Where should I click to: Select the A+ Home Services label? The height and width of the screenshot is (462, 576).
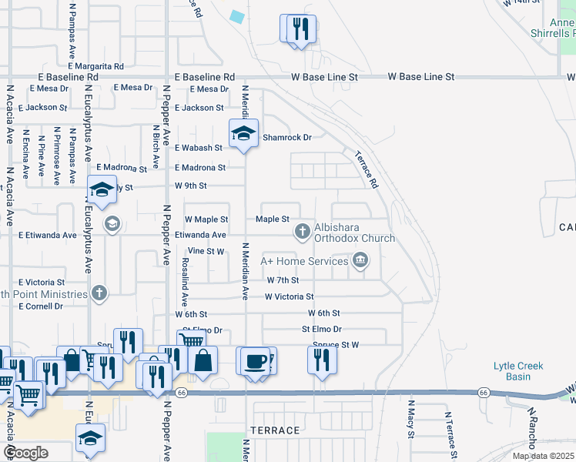[304, 261]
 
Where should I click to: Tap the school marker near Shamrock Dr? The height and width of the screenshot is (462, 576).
[243, 133]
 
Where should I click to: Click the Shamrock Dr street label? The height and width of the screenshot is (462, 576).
[286, 138]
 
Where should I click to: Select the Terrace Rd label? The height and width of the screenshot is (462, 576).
[367, 169]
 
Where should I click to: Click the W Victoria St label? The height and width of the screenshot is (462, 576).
[289, 296]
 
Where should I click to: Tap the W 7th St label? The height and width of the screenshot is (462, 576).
[282, 280]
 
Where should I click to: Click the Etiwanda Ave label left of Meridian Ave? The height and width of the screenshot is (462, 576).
[200, 235]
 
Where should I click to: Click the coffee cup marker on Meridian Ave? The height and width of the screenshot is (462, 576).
[254, 360]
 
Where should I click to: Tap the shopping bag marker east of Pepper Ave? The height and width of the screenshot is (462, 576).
[203, 360]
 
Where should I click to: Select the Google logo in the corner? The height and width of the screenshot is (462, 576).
[25, 453]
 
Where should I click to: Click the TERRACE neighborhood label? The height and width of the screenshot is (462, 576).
[274, 430]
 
